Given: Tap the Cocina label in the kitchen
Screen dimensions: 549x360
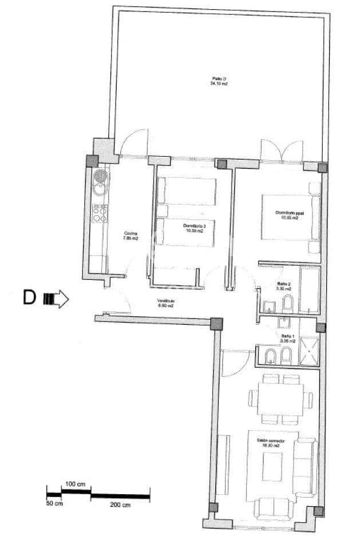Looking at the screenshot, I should tap(131, 236).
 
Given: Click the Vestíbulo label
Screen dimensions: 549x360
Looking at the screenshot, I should tap(167, 303).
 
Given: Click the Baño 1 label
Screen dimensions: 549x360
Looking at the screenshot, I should tap(287, 339).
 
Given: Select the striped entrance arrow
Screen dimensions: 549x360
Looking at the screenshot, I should tap(56, 299).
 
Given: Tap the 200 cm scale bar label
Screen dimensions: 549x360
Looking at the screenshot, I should tap(120, 505).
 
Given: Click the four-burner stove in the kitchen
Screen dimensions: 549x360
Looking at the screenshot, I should tap(100, 213).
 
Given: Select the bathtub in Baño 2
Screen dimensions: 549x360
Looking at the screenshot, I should tap(309, 290).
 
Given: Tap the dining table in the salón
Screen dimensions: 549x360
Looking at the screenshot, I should tap(280, 399).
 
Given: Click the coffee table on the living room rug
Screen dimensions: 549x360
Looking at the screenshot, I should tap(272, 466).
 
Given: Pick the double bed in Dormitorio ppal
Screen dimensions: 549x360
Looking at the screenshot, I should tap(287, 217).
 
